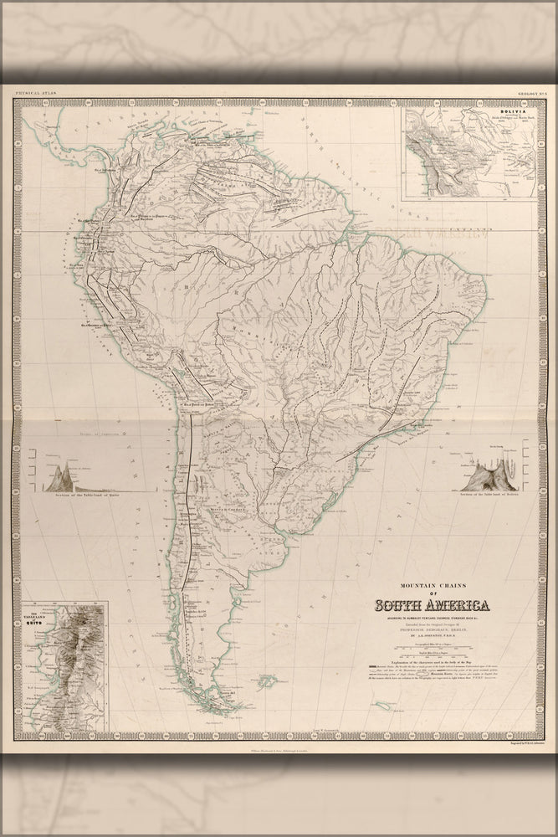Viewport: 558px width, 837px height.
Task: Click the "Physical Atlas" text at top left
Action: [x=33, y=94]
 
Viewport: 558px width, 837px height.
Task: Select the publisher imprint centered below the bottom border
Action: [x=279, y=750]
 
